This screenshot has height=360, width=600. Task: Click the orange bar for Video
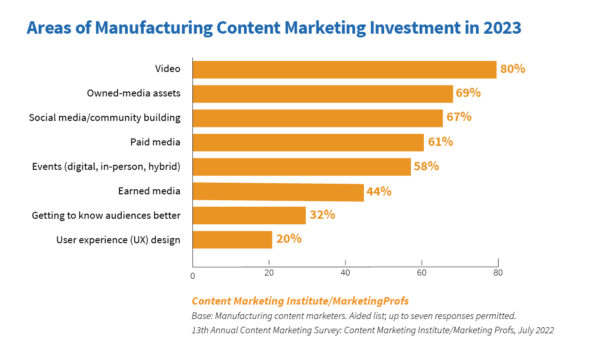344,69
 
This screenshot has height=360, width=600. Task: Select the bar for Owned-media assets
322,94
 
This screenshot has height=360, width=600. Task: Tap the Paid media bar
307,142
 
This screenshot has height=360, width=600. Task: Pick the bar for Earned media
277,191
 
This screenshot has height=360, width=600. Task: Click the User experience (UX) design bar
231,239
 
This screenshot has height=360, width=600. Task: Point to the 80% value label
513,69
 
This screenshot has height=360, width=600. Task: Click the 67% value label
460,118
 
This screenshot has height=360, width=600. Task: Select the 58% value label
427,166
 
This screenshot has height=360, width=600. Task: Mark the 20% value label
289,239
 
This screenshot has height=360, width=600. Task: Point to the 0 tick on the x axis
192,272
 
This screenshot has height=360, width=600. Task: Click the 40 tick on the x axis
345,272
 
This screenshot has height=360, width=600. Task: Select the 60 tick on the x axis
421,272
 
